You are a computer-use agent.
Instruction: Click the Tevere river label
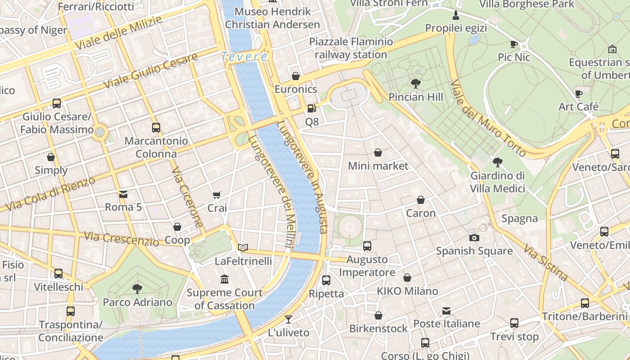click(244, 57)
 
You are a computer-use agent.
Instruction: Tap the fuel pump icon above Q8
click(311, 108)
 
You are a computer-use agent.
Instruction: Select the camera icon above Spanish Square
click(474, 238)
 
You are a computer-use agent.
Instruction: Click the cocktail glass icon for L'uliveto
click(288, 319)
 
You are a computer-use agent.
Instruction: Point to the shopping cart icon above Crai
click(217, 195)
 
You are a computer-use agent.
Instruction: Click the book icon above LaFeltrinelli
click(243, 247)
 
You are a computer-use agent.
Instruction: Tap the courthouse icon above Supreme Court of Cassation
click(225, 279)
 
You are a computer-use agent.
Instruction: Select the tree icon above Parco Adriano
click(137, 289)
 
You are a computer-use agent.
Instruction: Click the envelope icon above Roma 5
click(123, 194)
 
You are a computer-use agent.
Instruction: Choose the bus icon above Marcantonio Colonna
click(156, 127)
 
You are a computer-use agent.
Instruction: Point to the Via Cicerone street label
click(187, 198)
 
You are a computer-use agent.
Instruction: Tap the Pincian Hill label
click(416, 97)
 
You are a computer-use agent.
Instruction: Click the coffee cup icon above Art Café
click(579, 94)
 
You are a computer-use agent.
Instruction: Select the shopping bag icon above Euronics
click(296, 76)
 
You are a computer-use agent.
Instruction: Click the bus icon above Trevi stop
click(514, 323)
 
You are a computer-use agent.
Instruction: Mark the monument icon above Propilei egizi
click(456, 15)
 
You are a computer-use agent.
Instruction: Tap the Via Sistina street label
click(545, 262)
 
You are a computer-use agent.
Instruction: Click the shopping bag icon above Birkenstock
click(378, 315)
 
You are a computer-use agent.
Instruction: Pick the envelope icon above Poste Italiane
click(446, 310)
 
